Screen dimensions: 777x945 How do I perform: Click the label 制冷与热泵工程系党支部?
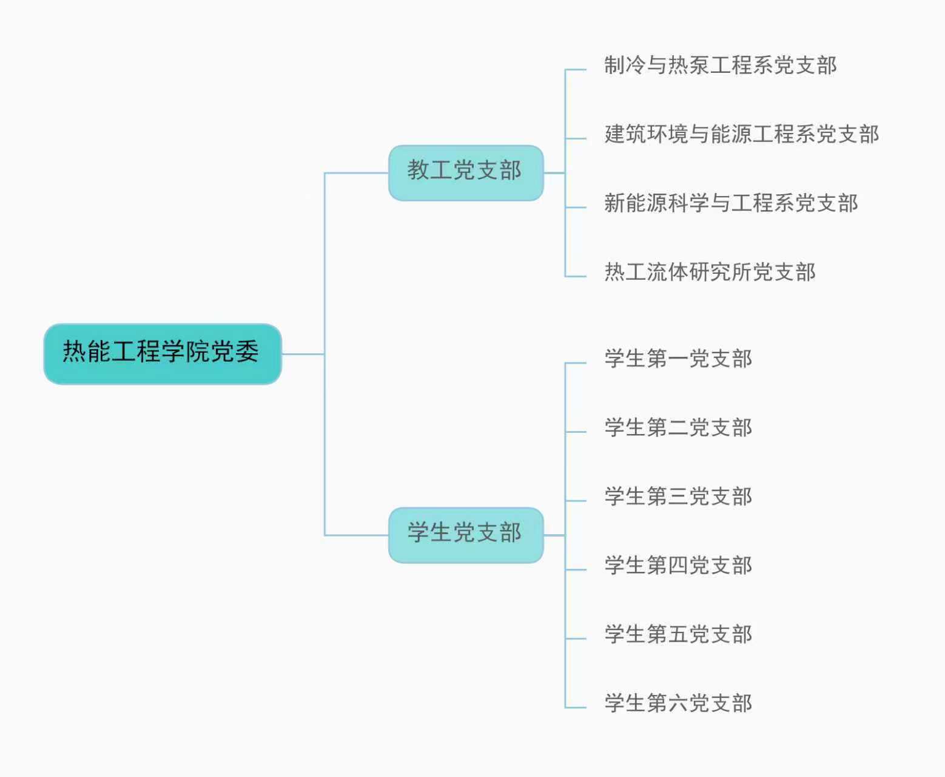pos(720,66)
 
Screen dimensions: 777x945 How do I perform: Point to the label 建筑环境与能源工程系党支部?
pos(741,134)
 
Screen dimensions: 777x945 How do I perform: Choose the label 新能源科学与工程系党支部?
pos(731,203)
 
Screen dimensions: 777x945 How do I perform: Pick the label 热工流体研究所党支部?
pos(710,272)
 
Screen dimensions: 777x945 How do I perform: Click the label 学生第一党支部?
pos(678,359)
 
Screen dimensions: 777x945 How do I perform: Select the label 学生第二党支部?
pos(678,427)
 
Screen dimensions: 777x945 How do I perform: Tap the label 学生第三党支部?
pos(678,497)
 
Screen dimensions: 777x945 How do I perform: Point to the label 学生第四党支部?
pos(678,565)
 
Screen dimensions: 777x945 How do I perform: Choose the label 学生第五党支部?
pos(678,634)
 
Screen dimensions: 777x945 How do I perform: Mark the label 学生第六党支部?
pos(678,703)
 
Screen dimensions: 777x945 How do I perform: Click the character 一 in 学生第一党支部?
pos(678,359)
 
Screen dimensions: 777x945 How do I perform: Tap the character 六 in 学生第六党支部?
pos(678,704)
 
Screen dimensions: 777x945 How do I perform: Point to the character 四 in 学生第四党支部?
pos(678,566)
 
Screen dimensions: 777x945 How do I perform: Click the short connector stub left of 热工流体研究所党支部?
pos(576,276)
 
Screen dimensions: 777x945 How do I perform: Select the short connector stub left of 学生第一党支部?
pos(576,363)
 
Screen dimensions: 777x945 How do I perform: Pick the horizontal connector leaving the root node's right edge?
pos(303,354)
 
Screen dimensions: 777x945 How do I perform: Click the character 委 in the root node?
pos(247,351)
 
